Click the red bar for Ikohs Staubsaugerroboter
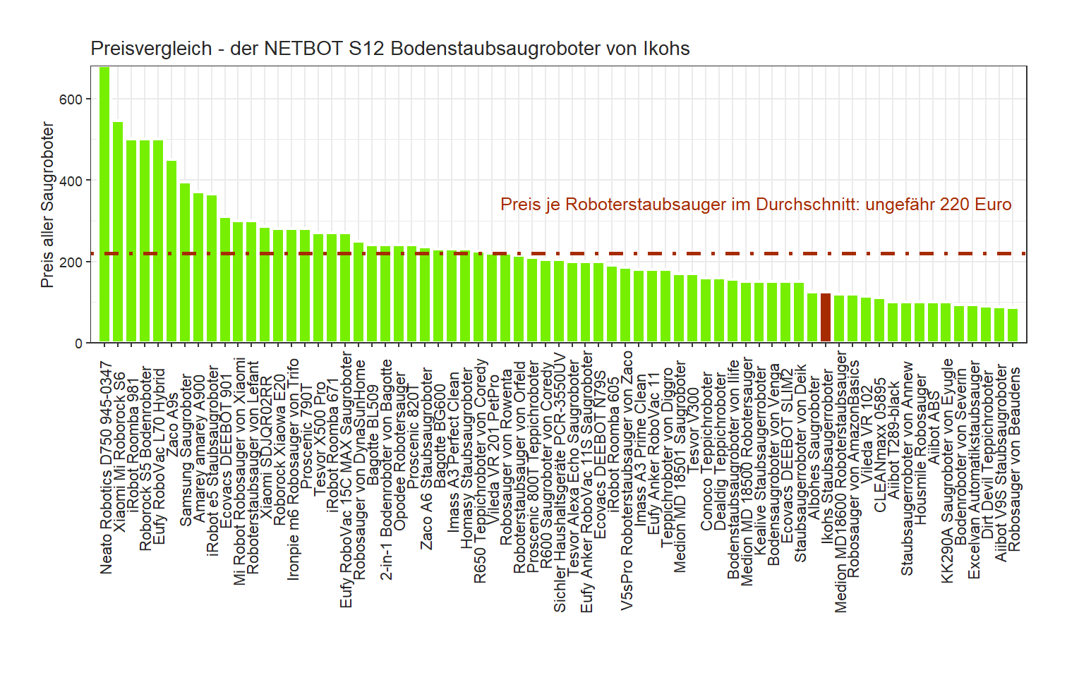(826, 318)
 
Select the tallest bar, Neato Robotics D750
(104, 205)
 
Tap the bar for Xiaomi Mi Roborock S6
(118, 233)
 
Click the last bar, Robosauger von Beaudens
(1013, 326)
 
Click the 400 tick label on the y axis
(71, 181)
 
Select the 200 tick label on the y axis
(71, 262)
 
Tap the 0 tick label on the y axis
(78, 343)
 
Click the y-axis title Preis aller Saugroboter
(47, 205)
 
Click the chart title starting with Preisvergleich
(390, 49)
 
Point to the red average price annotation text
(756, 205)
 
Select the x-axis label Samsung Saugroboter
(186, 451)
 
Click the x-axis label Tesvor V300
(694, 423)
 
